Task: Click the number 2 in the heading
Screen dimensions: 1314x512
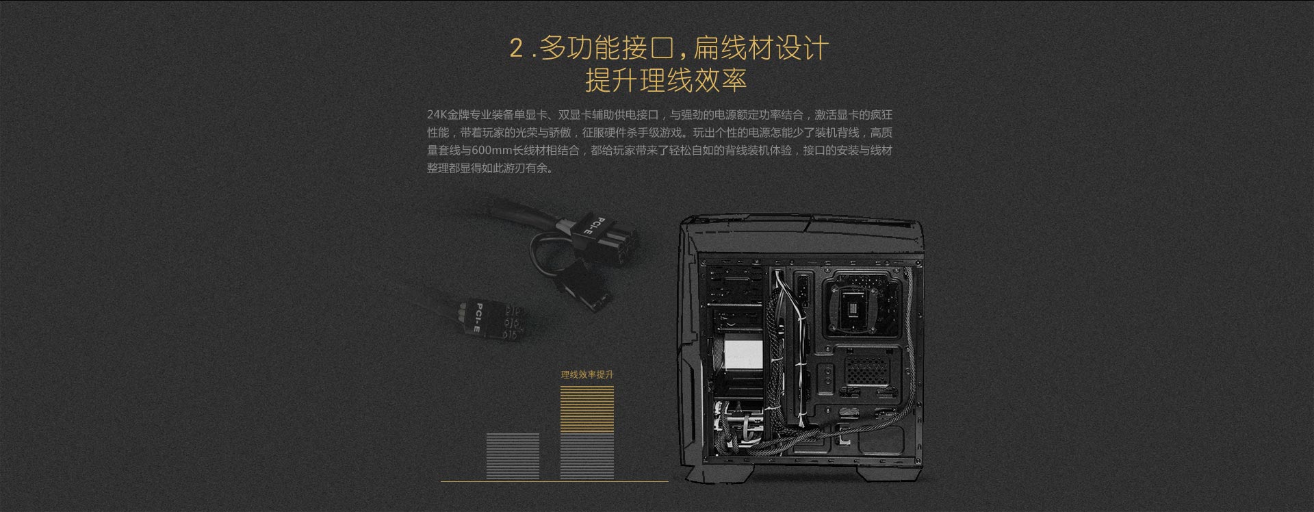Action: (517, 49)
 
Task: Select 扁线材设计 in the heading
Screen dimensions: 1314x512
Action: (761, 48)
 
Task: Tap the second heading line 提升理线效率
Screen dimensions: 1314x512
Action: (666, 80)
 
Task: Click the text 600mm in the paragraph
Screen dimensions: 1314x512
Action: (488, 151)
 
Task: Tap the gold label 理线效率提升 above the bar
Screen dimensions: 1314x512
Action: (587, 375)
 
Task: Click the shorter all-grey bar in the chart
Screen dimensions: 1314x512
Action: (513, 456)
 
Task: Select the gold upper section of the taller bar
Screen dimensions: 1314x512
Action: (587, 409)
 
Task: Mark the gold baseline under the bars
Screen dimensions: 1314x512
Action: (554, 481)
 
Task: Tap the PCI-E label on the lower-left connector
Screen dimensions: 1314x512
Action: (478, 317)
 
